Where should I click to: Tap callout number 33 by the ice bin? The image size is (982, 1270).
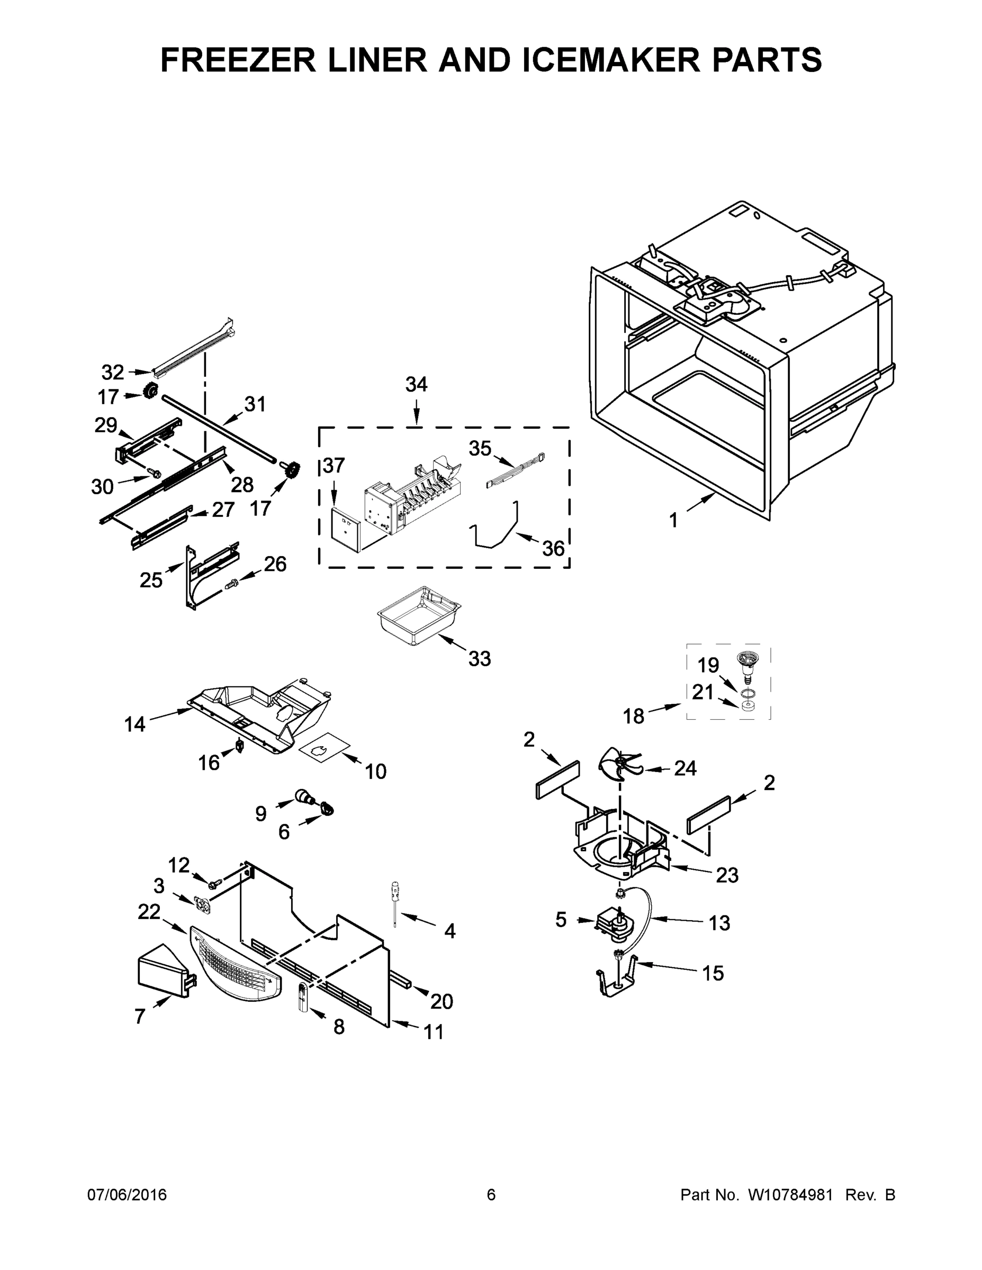(x=480, y=659)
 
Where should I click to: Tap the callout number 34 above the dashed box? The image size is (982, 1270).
(x=417, y=384)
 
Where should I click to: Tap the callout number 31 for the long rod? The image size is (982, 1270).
(x=255, y=404)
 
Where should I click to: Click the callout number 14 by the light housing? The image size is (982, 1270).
(x=134, y=724)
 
